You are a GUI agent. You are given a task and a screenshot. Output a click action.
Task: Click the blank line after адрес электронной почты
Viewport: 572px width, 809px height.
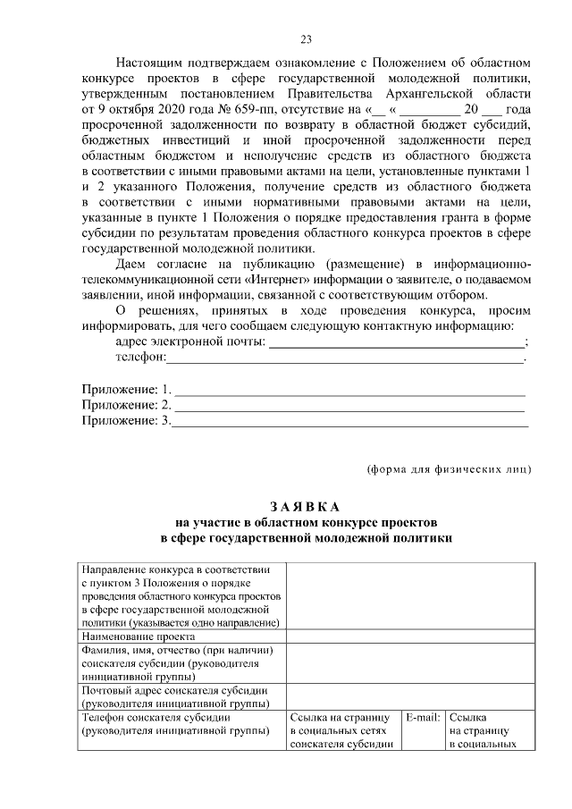pos(397,342)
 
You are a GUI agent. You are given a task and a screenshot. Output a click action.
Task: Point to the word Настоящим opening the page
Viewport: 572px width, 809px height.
pos(149,63)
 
